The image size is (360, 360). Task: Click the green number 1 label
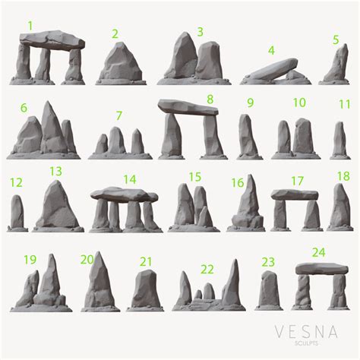point(30,26)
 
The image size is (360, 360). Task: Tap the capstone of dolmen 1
point(52,40)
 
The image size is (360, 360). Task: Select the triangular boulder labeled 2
point(121,62)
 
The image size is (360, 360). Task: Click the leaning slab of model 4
point(273,68)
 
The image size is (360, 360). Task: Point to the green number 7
point(119,115)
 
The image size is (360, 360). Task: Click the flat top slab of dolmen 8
point(188,107)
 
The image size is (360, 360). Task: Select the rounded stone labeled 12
point(17,212)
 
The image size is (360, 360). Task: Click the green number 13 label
point(55,172)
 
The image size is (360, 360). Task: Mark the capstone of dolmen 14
point(124,194)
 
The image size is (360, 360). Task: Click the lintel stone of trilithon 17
point(295,194)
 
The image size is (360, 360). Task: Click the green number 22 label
point(207,270)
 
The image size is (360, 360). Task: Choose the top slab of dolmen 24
point(322,269)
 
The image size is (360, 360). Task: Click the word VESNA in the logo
point(306,332)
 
